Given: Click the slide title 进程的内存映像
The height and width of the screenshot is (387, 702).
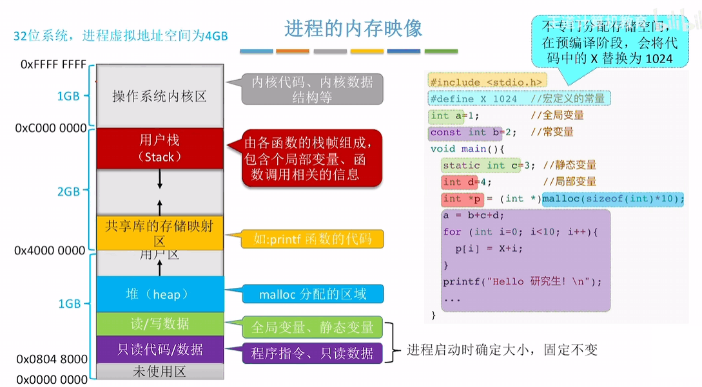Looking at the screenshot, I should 353,29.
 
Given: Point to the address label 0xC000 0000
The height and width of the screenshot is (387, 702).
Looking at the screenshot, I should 51,128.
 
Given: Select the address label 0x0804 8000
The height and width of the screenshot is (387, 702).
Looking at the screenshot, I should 51,359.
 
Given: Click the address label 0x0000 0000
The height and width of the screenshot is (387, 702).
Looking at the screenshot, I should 52,379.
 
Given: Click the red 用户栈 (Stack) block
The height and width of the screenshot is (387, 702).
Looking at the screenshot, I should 159,148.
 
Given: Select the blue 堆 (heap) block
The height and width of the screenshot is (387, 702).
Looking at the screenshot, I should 159,294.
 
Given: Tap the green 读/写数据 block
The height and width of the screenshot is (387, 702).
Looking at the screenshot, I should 159,324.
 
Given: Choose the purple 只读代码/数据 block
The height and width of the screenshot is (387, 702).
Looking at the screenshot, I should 159,350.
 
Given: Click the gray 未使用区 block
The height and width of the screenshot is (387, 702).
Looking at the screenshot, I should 159,372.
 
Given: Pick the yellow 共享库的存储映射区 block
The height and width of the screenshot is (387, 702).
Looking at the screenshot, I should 159,233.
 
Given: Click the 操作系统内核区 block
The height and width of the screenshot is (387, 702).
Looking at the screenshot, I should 159,97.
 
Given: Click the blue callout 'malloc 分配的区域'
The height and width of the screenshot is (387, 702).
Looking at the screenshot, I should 313,294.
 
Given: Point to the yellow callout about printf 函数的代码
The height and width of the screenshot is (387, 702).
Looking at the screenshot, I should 313,240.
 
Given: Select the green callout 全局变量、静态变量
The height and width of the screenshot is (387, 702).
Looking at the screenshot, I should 313,327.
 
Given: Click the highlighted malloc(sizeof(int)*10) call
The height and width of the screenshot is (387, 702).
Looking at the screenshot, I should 612,198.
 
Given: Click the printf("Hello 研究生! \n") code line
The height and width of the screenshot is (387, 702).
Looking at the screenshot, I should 522,281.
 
